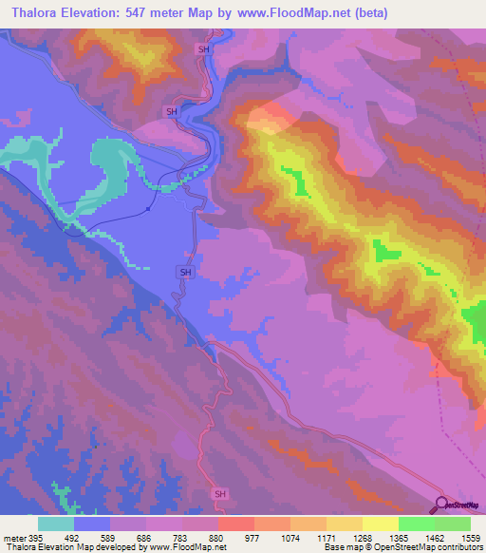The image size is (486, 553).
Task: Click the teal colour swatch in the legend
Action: [55, 524]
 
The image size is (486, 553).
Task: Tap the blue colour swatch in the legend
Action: [92, 524]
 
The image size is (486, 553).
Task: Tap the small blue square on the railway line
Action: [149, 210]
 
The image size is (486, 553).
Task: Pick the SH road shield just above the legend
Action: [220, 494]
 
